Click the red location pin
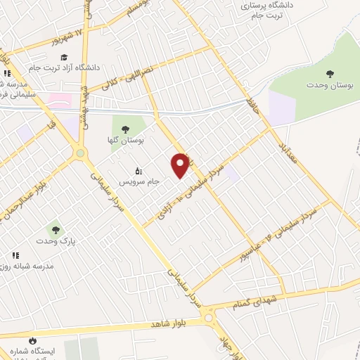pyautogui.click(x=180, y=165)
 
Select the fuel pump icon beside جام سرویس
pyautogui.click(x=139, y=170)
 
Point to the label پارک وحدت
pyautogui.click(x=56, y=240)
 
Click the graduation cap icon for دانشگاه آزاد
pyautogui.click(x=64, y=57)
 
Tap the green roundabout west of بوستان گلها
pyautogui.click(x=81, y=153)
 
